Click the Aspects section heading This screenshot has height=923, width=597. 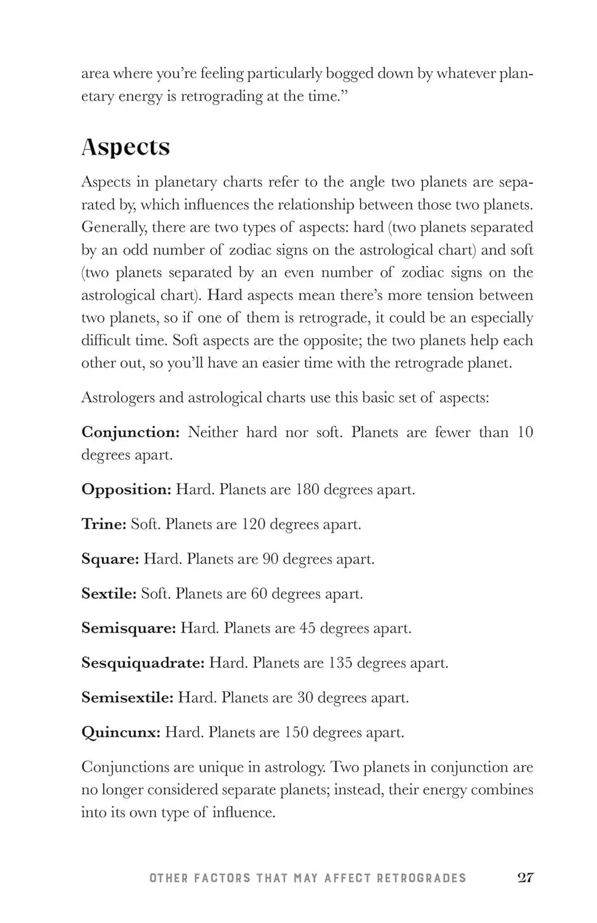[126, 147]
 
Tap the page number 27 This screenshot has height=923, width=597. [525, 877]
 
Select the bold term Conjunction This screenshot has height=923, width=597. [130, 433]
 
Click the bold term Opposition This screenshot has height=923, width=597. [126, 490]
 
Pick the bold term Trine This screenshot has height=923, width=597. [103, 524]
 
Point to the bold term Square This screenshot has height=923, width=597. [110, 559]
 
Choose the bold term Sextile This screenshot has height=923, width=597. [108, 594]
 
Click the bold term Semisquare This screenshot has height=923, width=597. [128, 628]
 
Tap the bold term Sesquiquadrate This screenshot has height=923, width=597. [142, 663]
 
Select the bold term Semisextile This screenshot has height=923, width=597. [127, 698]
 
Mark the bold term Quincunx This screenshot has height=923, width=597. [121, 733]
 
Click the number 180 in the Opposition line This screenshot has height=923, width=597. [307, 490]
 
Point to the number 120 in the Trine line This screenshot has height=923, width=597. [254, 524]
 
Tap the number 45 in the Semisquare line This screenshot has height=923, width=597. [307, 628]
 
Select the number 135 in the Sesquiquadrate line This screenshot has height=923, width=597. [340, 663]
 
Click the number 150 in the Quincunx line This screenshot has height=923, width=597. [296, 733]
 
